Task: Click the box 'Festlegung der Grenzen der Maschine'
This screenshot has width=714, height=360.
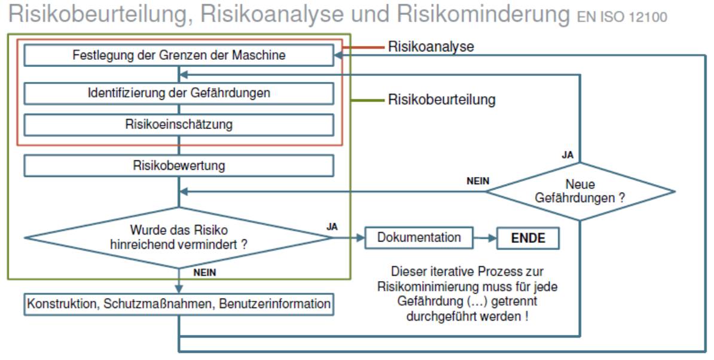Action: [179, 56]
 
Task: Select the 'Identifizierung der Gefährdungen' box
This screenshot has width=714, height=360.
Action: [179, 93]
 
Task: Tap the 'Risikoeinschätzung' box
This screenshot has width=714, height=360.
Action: [179, 124]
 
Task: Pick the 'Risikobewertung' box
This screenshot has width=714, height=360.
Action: [179, 165]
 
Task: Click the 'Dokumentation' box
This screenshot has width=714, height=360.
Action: [419, 237]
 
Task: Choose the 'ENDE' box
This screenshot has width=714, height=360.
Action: [528, 238]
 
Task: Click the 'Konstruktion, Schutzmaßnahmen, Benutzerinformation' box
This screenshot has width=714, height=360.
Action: [179, 304]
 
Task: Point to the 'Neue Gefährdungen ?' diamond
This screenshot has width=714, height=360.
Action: [579, 192]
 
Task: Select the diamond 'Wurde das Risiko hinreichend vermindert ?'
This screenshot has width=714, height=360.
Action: [179, 237]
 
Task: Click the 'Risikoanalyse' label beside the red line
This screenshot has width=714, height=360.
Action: [431, 46]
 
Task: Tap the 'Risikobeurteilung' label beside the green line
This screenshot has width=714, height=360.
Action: [441, 100]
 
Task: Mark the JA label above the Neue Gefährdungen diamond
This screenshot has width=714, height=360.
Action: [567, 155]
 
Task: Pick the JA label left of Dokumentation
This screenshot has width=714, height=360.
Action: [332, 227]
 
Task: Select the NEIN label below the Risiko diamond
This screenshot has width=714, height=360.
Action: [205, 273]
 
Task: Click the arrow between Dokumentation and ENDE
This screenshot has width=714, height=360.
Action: [485, 238]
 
